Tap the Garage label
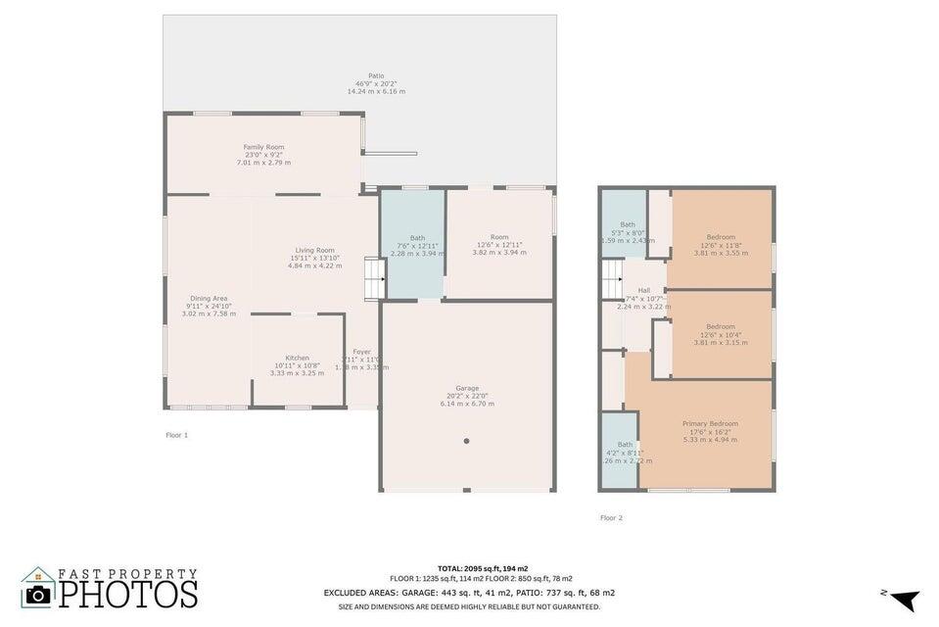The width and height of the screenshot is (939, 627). pos(467,396)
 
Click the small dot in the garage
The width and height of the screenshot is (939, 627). pos(467,441)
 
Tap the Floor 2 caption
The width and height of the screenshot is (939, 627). pos(611,517)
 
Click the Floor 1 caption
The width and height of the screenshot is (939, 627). pos(176,434)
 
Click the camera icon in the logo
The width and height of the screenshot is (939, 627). pos(38,593)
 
